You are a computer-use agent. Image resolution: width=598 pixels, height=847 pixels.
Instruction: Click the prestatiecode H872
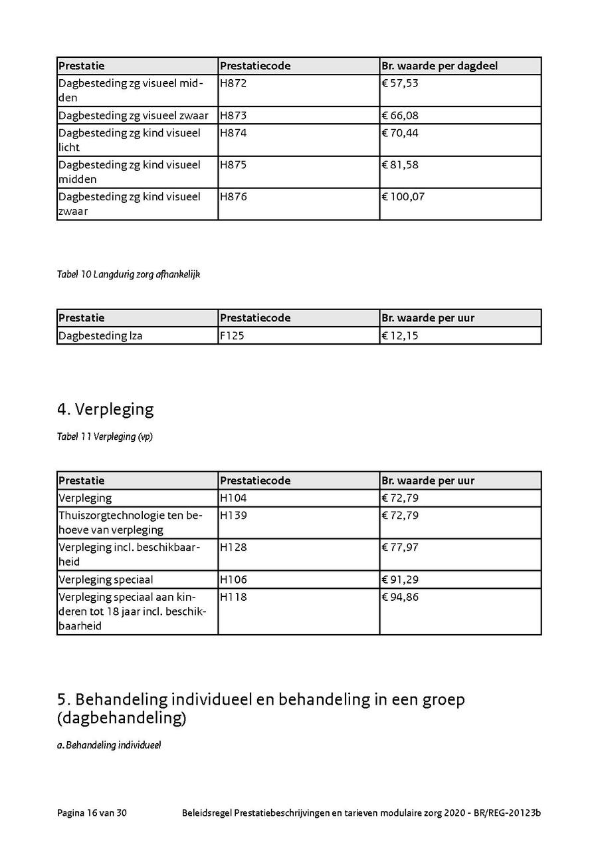coord(233,83)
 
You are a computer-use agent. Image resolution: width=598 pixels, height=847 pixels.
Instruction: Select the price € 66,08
coord(400,116)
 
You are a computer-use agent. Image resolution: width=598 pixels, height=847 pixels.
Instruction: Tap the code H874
coord(233,132)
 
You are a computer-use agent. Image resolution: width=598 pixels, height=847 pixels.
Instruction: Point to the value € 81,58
coord(400,164)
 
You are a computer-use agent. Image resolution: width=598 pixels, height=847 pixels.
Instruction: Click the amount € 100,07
coord(403,196)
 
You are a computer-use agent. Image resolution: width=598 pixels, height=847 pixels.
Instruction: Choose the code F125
coord(233,335)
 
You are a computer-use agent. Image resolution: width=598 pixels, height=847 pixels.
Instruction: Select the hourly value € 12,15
coord(400,335)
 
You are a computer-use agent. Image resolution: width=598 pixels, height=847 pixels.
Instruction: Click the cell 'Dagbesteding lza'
coord(100,335)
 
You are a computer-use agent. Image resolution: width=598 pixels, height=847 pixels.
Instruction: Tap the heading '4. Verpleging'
coord(106,409)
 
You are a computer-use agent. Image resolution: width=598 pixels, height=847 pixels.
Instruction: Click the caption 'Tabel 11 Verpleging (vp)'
coord(105,437)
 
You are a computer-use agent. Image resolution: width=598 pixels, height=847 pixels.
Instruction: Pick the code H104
coord(233,498)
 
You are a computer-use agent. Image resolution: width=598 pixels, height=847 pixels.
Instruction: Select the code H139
coord(233,515)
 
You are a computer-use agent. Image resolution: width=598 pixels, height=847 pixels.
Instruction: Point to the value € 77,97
coord(400,547)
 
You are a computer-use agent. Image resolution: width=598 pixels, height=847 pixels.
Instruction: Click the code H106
coord(233,580)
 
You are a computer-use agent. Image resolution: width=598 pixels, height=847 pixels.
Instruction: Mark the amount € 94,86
coord(400,597)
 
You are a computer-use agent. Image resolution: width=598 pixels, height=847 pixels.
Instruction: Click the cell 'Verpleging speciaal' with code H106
coord(106,580)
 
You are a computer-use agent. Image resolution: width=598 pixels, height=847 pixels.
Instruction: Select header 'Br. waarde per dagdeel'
coord(439,66)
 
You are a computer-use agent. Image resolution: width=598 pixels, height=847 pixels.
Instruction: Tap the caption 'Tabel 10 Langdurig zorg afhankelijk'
coord(128,274)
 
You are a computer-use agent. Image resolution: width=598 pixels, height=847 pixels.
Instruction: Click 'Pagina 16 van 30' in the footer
coord(92,813)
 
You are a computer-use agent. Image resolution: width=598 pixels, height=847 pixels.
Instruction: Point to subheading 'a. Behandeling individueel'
coord(109,745)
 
